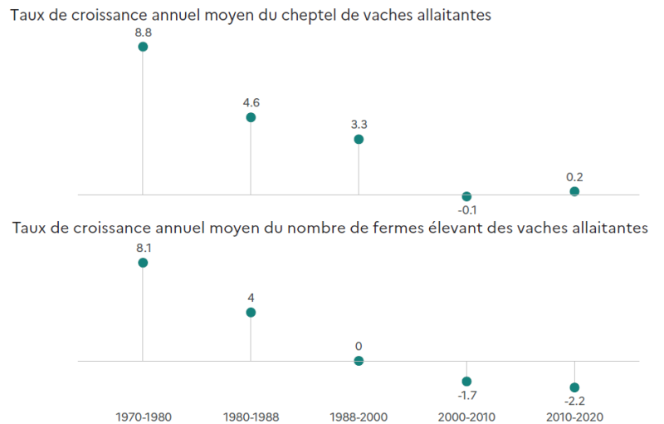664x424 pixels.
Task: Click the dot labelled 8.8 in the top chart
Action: tap(143, 47)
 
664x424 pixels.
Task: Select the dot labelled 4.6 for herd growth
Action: tap(251, 117)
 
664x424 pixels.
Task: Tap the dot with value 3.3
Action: tap(359, 139)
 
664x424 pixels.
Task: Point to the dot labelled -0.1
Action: tap(466, 196)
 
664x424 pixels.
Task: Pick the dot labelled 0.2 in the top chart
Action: tap(574, 191)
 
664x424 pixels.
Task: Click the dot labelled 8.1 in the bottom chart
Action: tap(143, 263)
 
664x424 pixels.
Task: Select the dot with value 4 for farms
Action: tap(251, 313)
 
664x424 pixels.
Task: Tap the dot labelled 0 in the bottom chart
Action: tap(359, 361)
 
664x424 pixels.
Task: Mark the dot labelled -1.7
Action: tap(466, 381)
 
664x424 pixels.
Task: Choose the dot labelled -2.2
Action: tap(574, 387)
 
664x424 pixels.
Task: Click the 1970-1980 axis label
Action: tap(144, 417)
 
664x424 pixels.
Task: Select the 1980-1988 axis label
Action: tap(251, 417)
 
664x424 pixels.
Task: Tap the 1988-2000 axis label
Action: tap(359, 417)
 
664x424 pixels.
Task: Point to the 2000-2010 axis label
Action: tap(466, 417)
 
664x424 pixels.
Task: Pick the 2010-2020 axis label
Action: tap(574, 417)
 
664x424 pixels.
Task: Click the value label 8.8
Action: tap(143, 32)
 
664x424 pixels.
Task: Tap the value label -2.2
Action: tap(574, 402)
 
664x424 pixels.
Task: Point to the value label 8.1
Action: tap(143, 248)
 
